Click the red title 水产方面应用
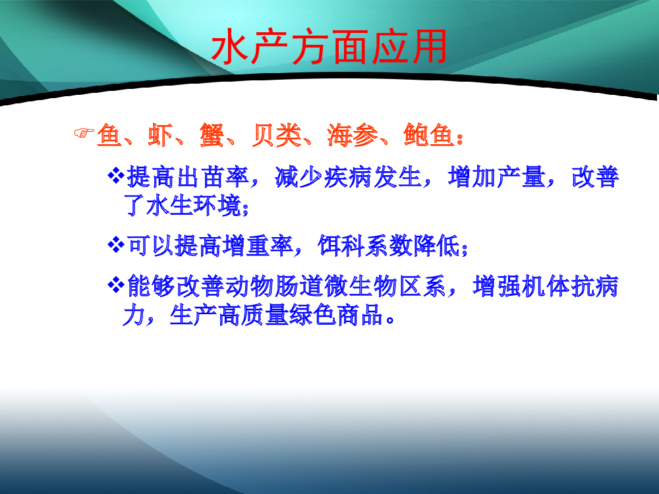click(x=329, y=47)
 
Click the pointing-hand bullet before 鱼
click(x=84, y=133)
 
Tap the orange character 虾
click(x=160, y=135)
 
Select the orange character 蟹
click(x=212, y=135)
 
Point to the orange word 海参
click(x=352, y=135)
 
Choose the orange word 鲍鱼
click(x=429, y=135)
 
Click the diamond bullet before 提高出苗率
click(x=116, y=175)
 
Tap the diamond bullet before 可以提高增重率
click(x=116, y=244)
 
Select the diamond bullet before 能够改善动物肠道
click(x=116, y=285)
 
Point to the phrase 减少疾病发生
click(x=349, y=177)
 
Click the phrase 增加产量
click(x=497, y=177)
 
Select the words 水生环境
click(x=194, y=206)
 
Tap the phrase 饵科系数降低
click(x=389, y=246)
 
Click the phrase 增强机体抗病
click(x=546, y=287)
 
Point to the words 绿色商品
click(x=336, y=315)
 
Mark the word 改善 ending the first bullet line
click(x=596, y=177)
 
